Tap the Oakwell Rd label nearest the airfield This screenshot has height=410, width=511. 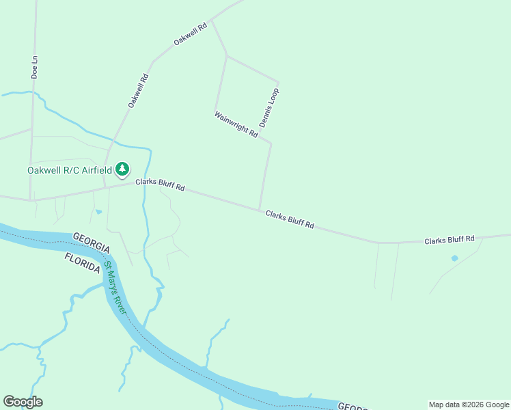pos(138,90)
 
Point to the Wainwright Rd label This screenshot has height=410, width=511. pos(236,125)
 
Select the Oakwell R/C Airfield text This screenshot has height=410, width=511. pos(69,170)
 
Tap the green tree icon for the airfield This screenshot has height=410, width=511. pos(122,168)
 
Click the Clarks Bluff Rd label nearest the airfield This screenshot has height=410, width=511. pos(160,184)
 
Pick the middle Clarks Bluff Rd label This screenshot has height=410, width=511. pos(290,219)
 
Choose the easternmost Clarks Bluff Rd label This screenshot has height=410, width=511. pos(449,240)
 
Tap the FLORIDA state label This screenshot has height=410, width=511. pos(83,262)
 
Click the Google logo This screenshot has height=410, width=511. pos(23,402)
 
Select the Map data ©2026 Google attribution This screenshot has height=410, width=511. pos(469,405)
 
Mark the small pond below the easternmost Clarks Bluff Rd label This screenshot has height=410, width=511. pos(454,258)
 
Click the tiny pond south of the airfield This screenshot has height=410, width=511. pos(98,212)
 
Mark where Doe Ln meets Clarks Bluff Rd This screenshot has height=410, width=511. pos(31,200)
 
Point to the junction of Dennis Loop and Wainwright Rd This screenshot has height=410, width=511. pos(271,143)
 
